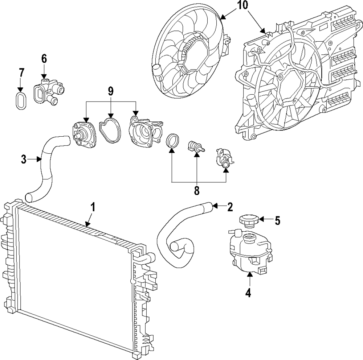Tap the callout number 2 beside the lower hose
point(230,207)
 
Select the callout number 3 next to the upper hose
point(24,159)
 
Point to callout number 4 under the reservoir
point(248,293)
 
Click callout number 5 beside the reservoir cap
point(277,220)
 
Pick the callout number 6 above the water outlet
point(44,59)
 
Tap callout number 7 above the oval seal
point(21,73)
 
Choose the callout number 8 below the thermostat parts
point(196,191)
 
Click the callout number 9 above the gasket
point(111,92)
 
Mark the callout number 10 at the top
point(242,5)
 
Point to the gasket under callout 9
point(110,130)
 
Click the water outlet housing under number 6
point(49,92)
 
